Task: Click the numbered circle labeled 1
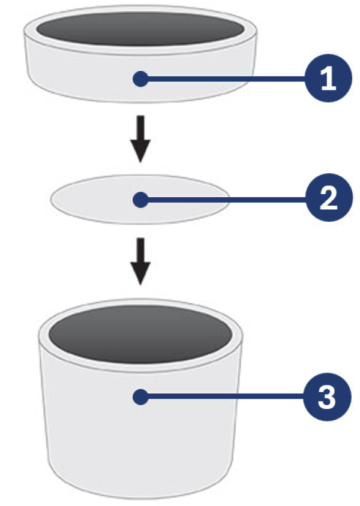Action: click(328, 79)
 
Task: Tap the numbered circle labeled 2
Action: click(328, 200)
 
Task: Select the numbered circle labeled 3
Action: click(328, 397)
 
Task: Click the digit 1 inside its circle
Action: click(328, 79)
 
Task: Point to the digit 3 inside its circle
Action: click(328, 397)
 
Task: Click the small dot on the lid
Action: click(140, 79)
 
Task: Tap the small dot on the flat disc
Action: click(140, 199)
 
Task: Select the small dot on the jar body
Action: click(140, 396)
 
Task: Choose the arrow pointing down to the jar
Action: click(140, 261)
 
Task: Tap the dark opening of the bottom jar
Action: click(140, 333)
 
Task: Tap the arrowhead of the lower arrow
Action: click(140, 275)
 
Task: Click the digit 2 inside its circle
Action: click(328, 200)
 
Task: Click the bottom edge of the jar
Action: click(140, 495)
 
